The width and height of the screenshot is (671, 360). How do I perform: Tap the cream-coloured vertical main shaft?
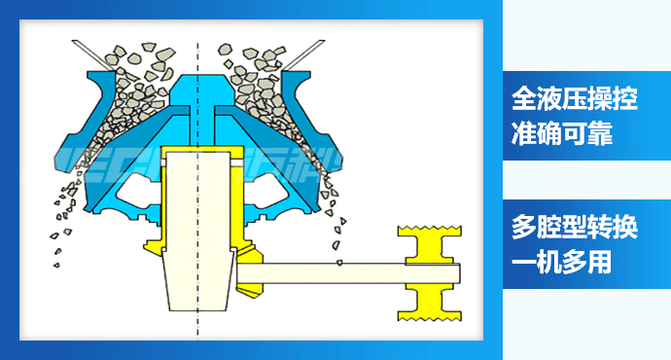pos(197,232)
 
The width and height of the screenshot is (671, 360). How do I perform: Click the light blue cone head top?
pos(197,90)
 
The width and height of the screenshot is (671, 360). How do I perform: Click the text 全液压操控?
pos(575,98)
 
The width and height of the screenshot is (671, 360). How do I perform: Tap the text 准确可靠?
pos(562,132)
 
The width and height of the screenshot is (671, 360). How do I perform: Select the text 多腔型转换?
pos(575,227)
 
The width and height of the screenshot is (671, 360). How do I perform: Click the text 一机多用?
pos(562,261)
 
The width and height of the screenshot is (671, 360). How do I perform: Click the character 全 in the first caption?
pos(524,98)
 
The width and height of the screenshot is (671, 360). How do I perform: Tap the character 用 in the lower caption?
pos(600,261)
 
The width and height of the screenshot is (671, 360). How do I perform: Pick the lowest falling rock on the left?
pos(56,266)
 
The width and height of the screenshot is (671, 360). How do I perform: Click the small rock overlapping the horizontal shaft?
pos(339,262)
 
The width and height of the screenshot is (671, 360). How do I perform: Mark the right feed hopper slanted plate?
pos(303,54)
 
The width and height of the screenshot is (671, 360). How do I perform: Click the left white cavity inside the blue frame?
pos(139,194)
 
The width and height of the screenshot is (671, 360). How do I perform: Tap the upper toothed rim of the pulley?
pos(429,232)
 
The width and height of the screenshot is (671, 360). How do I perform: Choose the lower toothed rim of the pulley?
pos(429,316)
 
